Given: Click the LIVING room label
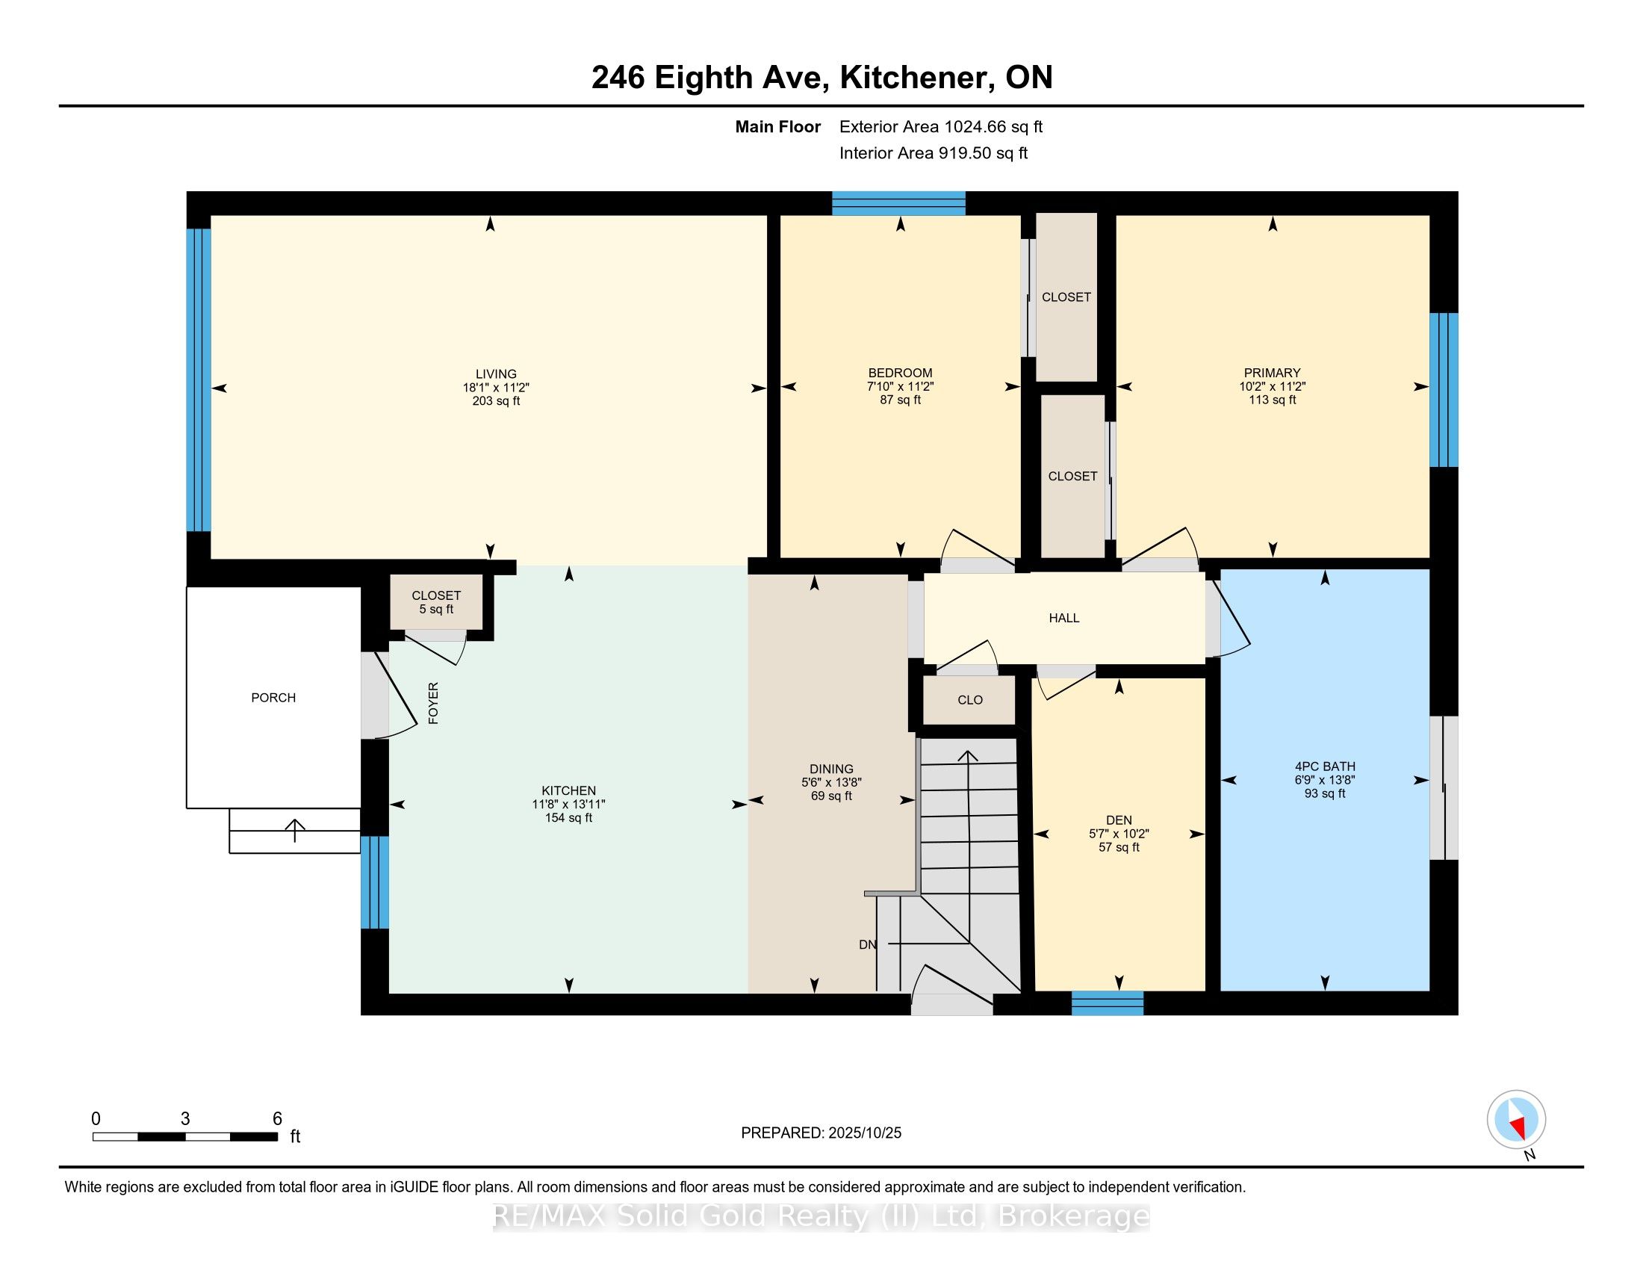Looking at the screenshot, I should (x=496, y=374).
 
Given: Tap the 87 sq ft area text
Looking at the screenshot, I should (x=900, y=400).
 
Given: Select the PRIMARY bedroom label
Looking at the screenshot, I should (x=1271, y=373).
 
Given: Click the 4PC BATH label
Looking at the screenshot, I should (x=1324, y=766).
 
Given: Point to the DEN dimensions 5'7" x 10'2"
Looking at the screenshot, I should (x=1119, y=834).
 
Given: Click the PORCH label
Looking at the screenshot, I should (x=273, y=698).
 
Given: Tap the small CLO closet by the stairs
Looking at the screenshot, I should (x=969, y=700).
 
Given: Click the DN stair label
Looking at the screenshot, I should (x=867, y=944).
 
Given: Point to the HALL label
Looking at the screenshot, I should (x=1063, y=618).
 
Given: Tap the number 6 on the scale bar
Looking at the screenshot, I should (x=277, y=1119).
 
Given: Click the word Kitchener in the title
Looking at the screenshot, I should (x=913, y=78).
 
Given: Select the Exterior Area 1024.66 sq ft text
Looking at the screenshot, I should (x=940, y=126).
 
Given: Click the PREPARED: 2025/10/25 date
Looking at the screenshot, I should (x=821, y=1133).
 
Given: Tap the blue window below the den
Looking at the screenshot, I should (x=1107, y=1003).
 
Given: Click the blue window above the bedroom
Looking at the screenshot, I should (x=898, y=203).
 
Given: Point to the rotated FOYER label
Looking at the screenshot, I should (x=433, y=703).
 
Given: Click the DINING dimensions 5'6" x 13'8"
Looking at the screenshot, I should (x=831, y=782).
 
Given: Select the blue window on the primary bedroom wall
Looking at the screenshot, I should (x=1443, y=390).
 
